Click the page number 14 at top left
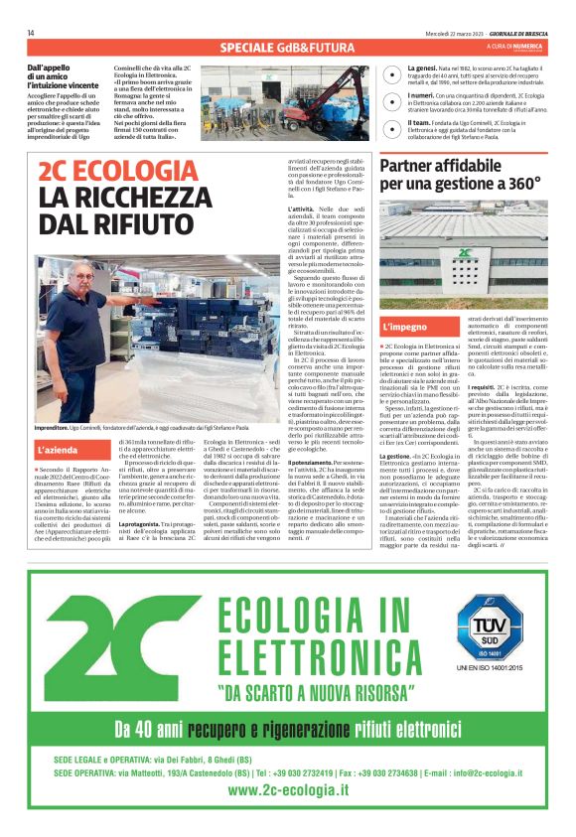pos(31,33)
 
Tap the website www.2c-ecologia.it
pos(288,789)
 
